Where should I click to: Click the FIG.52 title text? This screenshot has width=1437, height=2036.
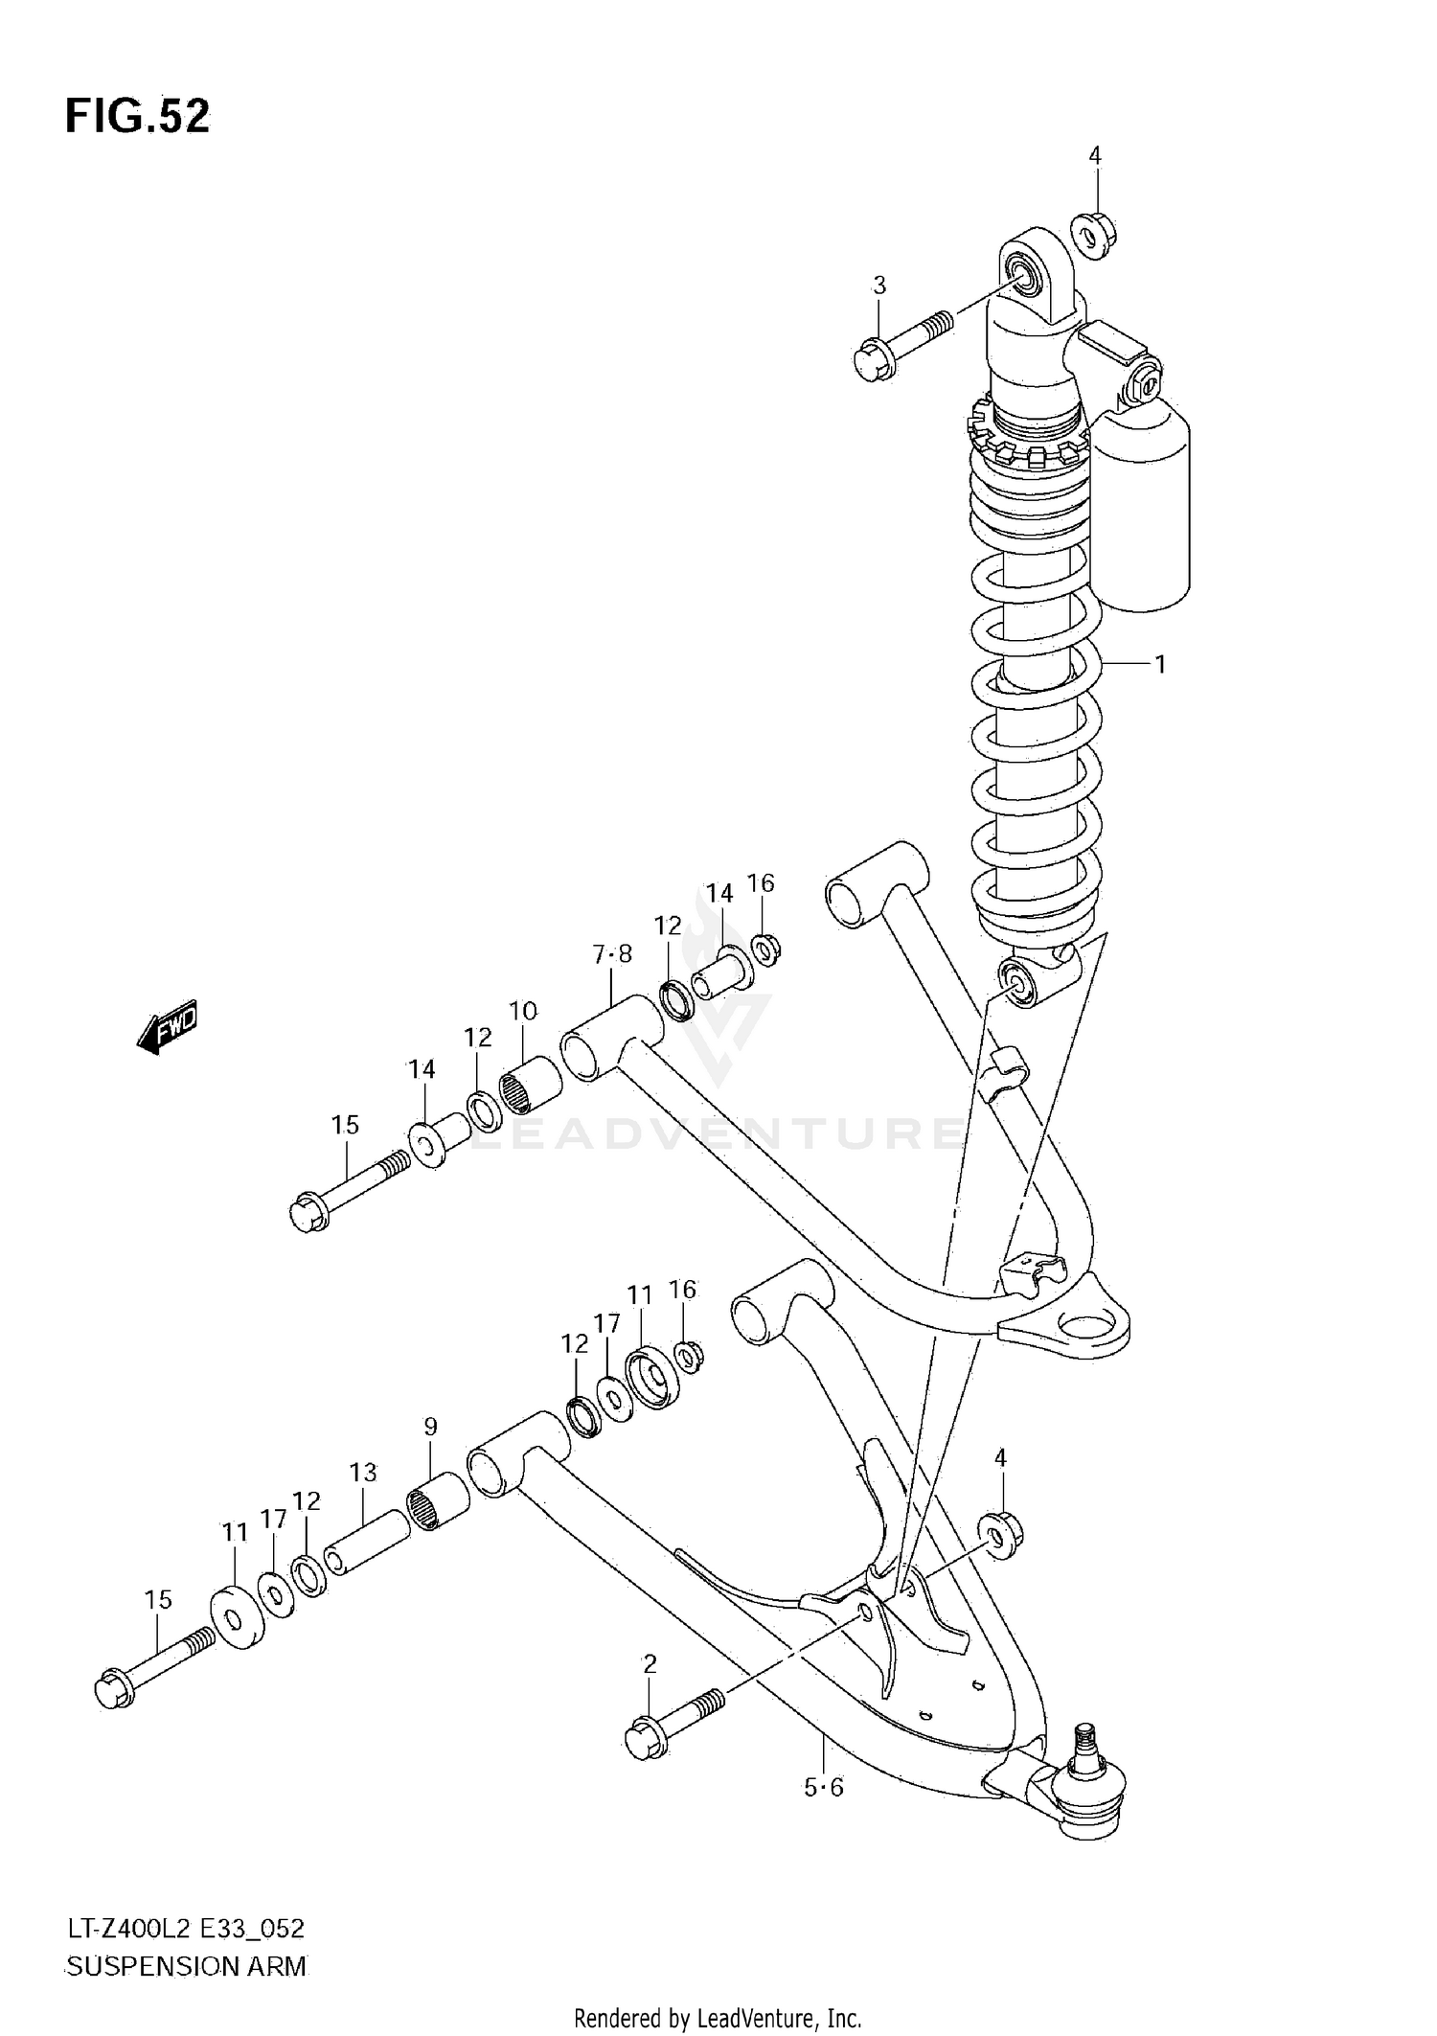(137, 117)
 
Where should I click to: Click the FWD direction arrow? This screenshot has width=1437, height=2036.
(168, 1028)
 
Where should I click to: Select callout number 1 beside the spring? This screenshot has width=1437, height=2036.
(1159, 663)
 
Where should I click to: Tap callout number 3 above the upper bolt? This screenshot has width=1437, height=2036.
(878, 285)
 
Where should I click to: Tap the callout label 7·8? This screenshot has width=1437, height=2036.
(612, 954)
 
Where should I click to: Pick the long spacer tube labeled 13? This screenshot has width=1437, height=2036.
(367, 1544)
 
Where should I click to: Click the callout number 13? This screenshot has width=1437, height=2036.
(363, 1472)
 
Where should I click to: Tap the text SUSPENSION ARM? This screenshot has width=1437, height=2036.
(186, 1966)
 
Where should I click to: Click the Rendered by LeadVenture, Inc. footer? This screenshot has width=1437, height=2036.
(718, 2019)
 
